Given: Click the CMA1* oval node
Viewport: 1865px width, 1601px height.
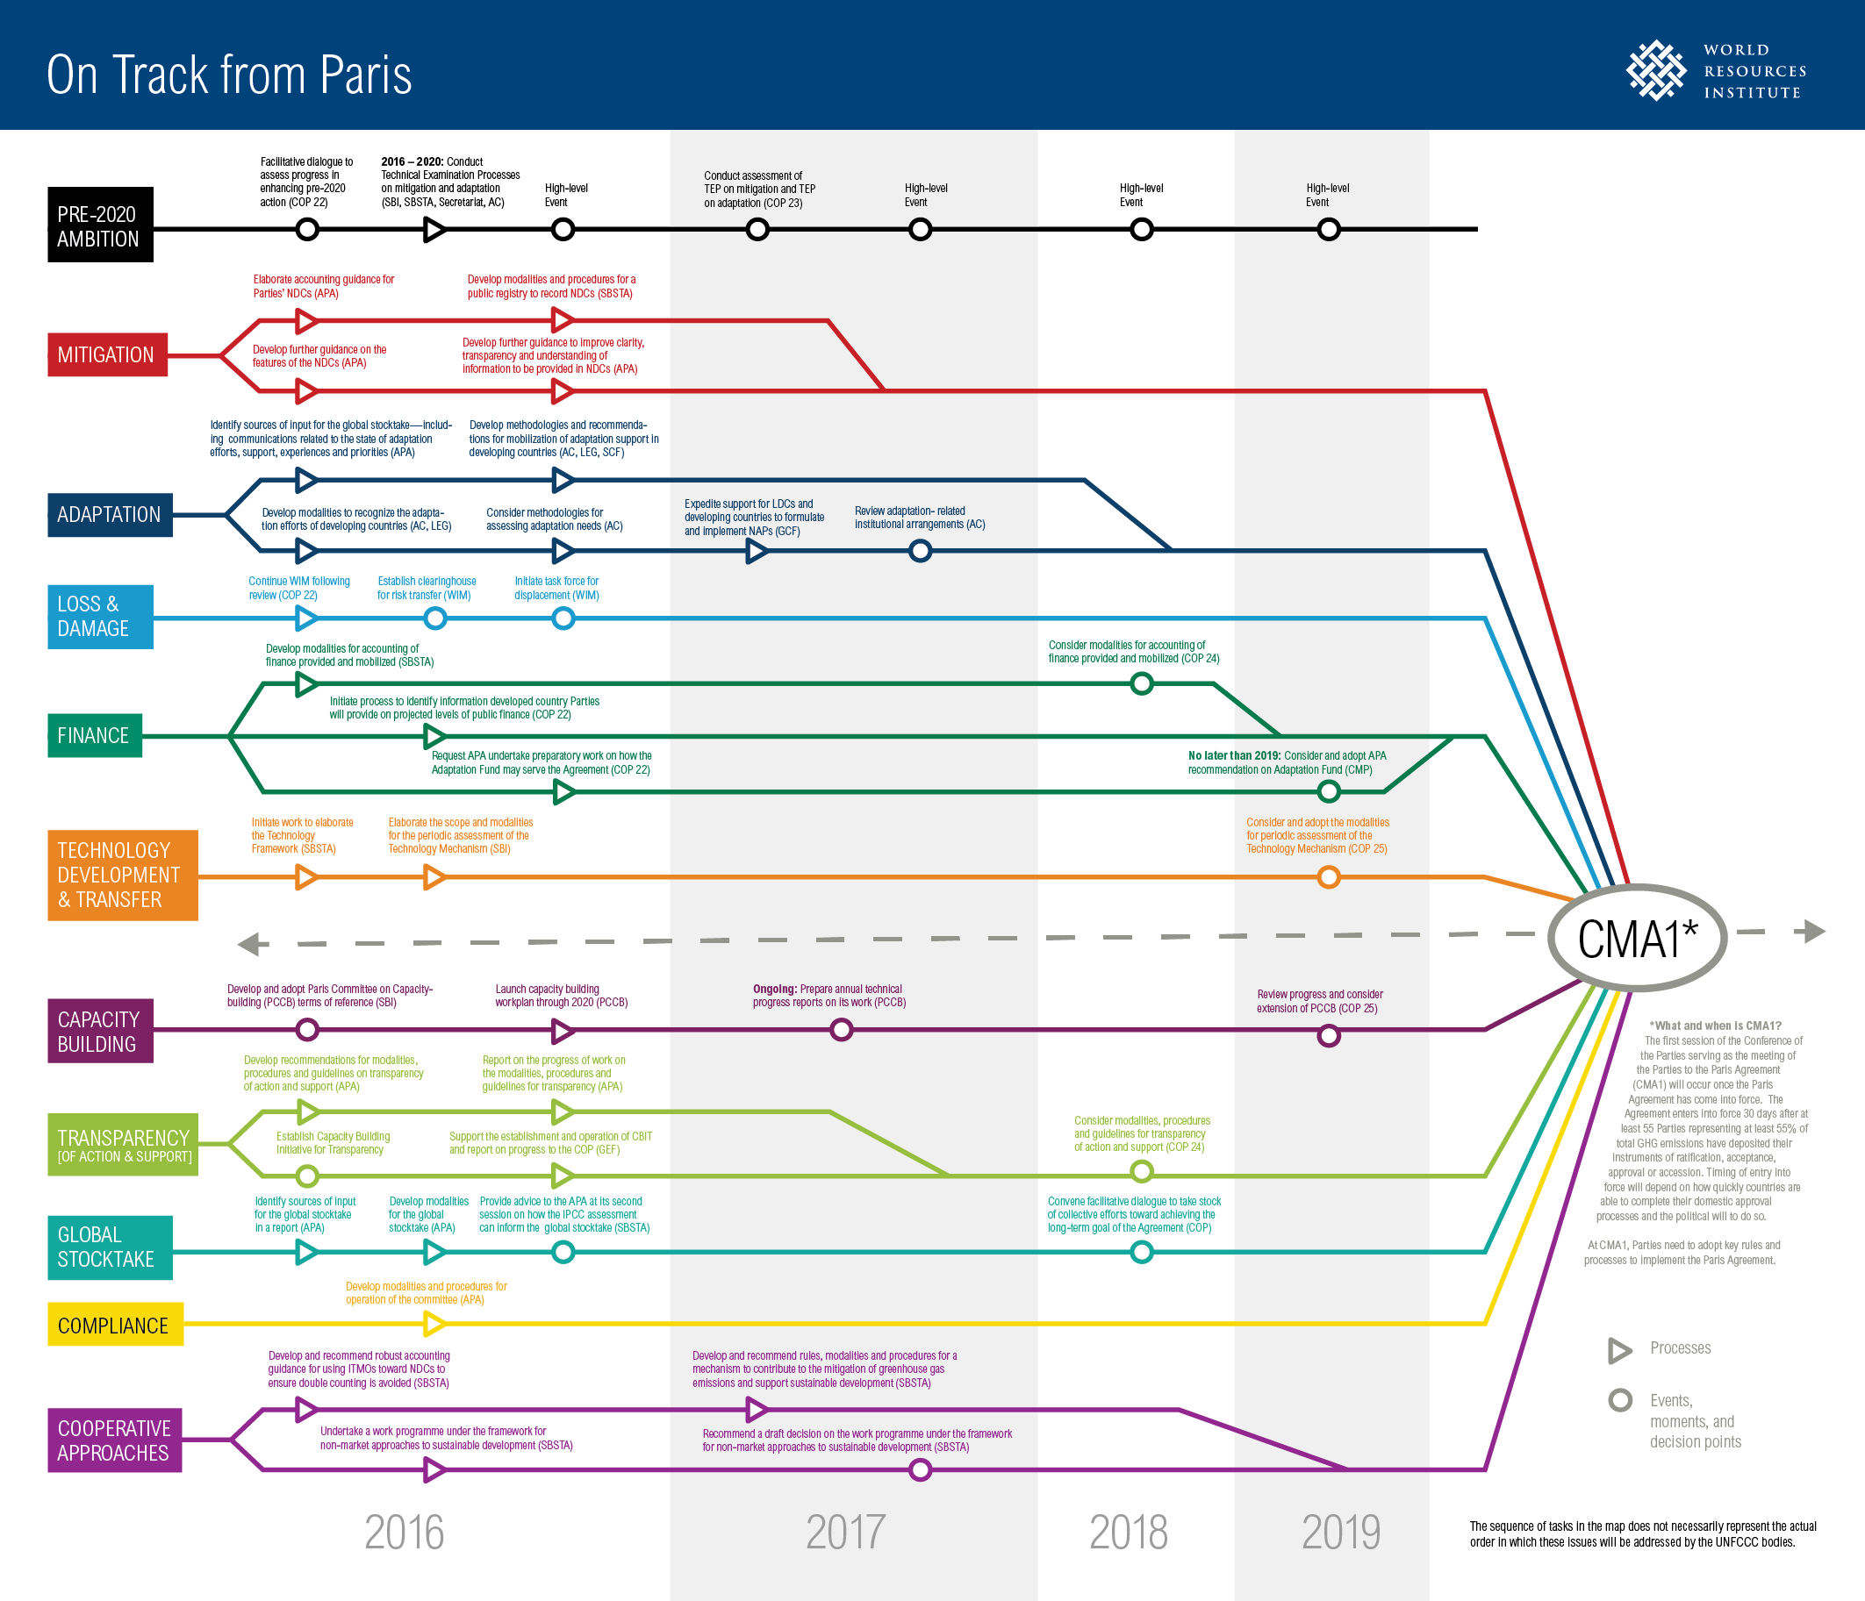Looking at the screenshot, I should click(1637, 938).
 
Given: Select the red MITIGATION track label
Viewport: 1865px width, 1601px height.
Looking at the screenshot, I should click(107, 354).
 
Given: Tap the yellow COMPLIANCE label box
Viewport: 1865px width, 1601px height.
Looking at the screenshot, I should click(115, 1325).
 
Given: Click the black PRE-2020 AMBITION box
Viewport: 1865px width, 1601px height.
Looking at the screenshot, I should click(100, 225).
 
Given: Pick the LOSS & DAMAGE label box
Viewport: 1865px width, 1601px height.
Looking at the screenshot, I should click(100, 617).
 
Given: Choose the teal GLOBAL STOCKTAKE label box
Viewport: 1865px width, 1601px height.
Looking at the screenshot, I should click(110, 1247).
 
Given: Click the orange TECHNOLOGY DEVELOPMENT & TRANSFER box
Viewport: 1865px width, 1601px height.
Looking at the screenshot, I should click(122, 875).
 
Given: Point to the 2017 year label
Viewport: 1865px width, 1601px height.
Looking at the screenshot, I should click(845, 1533).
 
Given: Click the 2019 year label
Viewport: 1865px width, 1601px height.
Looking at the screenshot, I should click(1340, 1533).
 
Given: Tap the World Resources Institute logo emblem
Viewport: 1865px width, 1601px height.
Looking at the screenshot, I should click(1655, 70).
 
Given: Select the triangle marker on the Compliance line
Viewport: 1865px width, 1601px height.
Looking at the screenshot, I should click(434, 1324).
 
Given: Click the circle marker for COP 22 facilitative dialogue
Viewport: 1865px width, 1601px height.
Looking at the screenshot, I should click(307, 230).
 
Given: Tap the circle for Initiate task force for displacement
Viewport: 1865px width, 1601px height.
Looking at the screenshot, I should click(563, 618).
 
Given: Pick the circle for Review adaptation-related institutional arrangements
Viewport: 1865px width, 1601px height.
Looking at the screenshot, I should click(920, 551).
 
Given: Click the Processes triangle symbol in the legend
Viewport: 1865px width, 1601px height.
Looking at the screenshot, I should click(1620, 1350).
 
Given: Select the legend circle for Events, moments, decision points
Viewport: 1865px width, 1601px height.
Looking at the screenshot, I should click(1620, 1400).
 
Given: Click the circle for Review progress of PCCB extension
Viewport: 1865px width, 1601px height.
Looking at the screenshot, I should click(1329, 1036).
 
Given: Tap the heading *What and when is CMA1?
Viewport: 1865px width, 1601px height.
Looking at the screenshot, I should click(1715, 1025).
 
